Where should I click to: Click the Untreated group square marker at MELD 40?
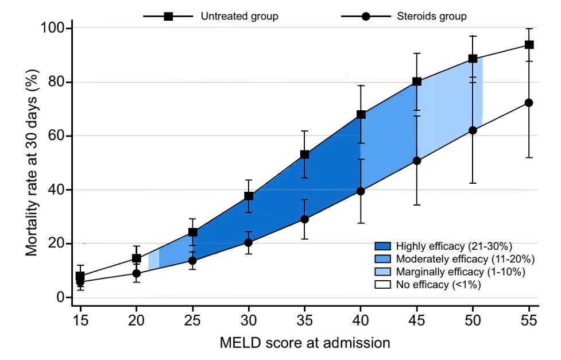pyautogui.click(x=361, y=114)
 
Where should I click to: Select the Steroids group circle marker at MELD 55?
pyautogui.click(x=529, y=103)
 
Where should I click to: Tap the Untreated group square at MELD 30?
pyautogui.click(x=249, y=196)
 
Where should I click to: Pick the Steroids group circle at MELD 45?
pyautogui.click(x=417, y=161)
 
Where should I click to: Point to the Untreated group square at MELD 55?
pyautogui.click(x=529, y=45)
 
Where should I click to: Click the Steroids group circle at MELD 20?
pyautogui.click(x=137, y=273)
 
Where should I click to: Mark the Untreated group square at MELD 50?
pyautogui.click(x=473, y=59)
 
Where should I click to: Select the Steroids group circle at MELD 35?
pyautogui.click(x=305, y=219)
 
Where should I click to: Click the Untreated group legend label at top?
pyautogui.click(x=239, y=16)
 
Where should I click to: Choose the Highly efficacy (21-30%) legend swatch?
pyautogui.click(x=383, y=246)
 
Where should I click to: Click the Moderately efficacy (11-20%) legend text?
pyautogui.click(x=466, y=259)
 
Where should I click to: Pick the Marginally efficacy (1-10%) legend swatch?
pyautogui.click(x=383, y=272)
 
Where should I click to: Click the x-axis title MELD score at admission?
pyautogui.click(x=305, y=343)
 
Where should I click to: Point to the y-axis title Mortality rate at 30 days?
pyautogui.click(x=32, y=163)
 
